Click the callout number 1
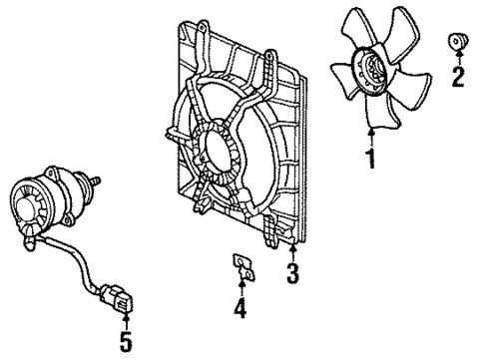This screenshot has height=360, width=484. click(x=371, y=159)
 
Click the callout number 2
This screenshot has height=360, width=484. click(x=458, y=77)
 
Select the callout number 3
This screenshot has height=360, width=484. click(x=293, y=272)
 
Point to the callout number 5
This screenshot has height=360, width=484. click(x=126, y=343)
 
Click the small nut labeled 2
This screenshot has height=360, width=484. click(x=457, y=41)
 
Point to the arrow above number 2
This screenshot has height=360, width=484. click(x=458, y=60)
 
